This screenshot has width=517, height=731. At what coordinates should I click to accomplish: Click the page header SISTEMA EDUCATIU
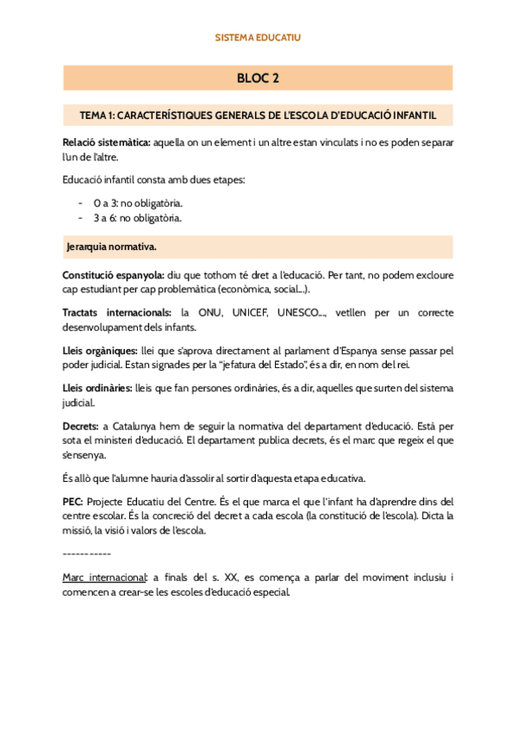point(258,38)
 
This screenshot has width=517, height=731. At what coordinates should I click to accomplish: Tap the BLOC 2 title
point(258,78)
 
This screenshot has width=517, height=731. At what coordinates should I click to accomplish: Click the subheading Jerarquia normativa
point(111,247)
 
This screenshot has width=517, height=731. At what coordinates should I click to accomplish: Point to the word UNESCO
point(296,311)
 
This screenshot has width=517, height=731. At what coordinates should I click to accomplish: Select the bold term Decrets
point(82,426)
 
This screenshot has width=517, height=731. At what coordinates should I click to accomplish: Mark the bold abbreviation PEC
point(73,501)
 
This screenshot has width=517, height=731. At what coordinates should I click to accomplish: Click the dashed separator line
point(87,552)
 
